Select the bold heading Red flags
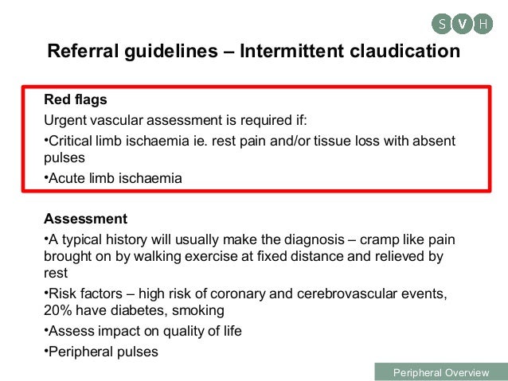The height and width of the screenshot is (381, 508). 75,102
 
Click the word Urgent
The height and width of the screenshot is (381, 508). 66,121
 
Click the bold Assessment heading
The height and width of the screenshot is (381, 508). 85,218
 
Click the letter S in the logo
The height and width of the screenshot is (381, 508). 442,24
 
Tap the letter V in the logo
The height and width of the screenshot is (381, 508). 462,24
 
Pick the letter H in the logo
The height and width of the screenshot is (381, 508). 482,24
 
